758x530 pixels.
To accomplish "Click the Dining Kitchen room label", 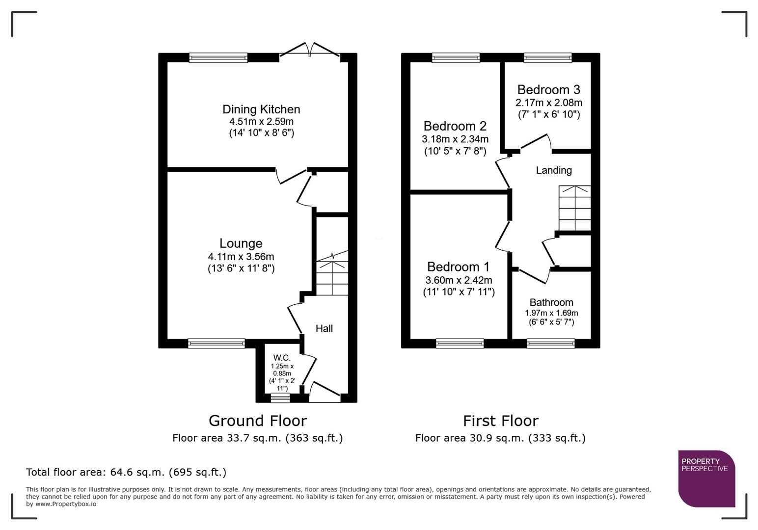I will (261, 109).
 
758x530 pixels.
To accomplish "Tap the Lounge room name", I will (241, 243).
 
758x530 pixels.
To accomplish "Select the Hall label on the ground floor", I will (324, 329).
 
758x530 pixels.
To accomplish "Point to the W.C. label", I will (282, 358).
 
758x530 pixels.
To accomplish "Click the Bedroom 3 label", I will (548, 90).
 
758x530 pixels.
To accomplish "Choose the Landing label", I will (553, 170).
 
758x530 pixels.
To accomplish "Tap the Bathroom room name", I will (551, 303).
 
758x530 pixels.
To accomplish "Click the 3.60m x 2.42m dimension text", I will (459, 280).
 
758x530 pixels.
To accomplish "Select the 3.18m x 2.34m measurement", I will (455, 139).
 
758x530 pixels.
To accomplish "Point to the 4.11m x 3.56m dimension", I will (241, 257).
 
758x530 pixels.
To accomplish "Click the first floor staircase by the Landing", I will (574, 208).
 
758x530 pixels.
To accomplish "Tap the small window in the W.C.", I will (280, 398).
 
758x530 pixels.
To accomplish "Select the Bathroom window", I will (550, 344).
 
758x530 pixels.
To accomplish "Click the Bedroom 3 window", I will (547, 58).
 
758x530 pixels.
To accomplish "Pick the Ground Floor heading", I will (257, 421).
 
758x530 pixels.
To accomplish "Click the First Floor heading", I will (500, 421).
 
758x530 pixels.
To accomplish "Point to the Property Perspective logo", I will (706, 478).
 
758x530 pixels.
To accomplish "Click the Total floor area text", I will (126, 472).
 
